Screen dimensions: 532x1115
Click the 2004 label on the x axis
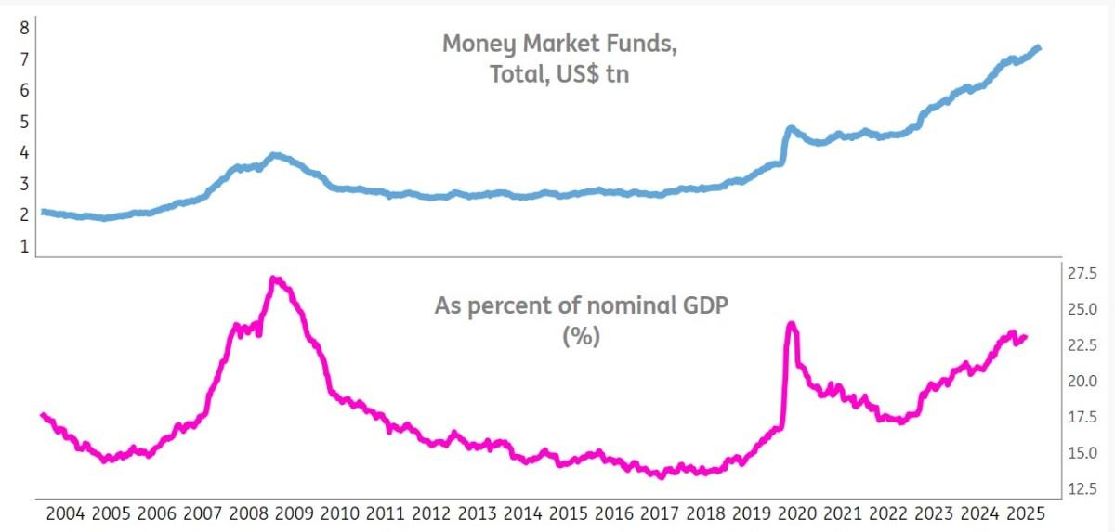[x=65, y=513]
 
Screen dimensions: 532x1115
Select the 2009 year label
[x=295, y=513]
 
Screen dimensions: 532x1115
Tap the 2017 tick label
[x=661, y=513]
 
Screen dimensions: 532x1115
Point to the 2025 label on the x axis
[x=1028, y=513]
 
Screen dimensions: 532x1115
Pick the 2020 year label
[x=798, y=513]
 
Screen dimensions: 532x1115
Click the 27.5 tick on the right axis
[x=1082, y=273]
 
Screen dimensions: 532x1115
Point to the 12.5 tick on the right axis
[x=1082, y=489]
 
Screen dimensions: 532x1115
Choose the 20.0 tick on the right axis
[x=1082, y=382]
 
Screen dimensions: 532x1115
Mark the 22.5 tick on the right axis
[x=1082, y=345]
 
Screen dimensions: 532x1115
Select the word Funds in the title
[x=637, y=45]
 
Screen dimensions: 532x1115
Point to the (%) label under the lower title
[x=582, y=336]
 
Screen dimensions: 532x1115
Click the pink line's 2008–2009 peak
[x=273, y=279]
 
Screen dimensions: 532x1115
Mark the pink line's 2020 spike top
[x=791, y=324]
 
